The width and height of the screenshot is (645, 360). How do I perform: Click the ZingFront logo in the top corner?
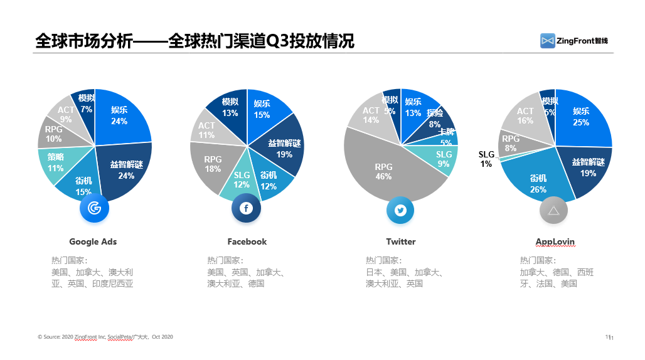[573, 41]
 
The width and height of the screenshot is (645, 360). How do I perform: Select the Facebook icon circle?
[247, 209]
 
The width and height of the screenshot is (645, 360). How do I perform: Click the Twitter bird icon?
[400, 210]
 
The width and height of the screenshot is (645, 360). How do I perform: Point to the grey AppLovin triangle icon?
[553, 210]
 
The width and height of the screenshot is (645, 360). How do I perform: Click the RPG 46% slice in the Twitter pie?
[383, 172]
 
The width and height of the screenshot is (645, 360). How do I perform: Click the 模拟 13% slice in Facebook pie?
[230, 108]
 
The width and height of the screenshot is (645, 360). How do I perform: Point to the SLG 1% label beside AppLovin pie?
[486, 159]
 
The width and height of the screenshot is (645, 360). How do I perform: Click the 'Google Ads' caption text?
[93, 241]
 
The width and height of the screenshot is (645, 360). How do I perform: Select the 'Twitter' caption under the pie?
[400, 241]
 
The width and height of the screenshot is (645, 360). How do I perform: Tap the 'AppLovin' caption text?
[555, 241]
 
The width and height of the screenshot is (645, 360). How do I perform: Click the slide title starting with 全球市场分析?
[195, 41]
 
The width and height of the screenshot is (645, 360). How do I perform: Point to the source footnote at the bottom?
[105, 337]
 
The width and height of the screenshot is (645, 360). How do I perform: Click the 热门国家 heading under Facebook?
[225, 260]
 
